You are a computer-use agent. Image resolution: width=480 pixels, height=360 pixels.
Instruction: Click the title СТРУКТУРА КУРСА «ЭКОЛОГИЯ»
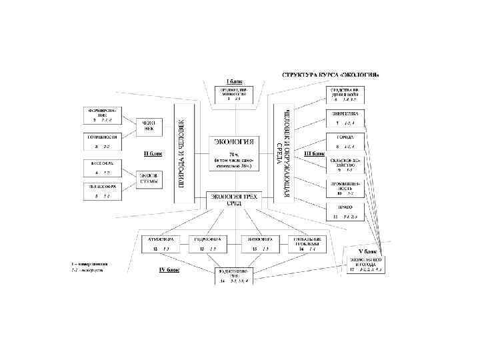332,75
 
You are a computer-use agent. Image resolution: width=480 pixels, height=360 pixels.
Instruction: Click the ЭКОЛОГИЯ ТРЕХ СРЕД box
233,199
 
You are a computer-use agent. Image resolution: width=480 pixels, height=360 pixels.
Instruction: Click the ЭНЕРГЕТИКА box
345,117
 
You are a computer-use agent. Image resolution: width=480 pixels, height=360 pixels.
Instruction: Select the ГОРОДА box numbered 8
345,141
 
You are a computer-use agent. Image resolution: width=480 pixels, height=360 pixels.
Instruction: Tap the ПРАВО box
345,211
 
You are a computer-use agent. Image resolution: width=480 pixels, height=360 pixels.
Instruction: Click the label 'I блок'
233,81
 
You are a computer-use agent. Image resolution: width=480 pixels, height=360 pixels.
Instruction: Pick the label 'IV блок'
169,271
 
